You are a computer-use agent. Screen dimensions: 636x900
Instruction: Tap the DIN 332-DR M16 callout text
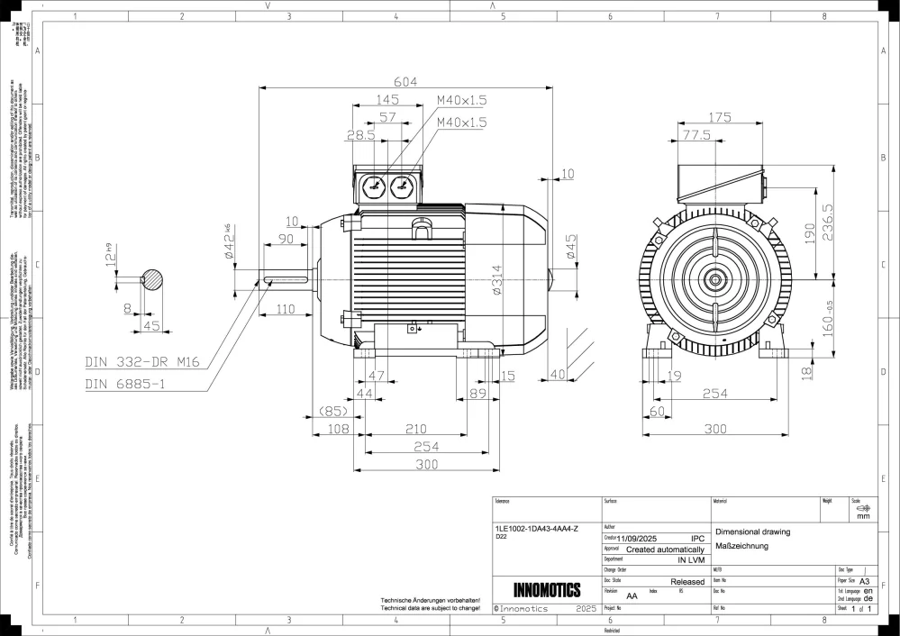(141, 363)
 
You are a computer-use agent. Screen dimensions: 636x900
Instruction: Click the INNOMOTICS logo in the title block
(547, 591)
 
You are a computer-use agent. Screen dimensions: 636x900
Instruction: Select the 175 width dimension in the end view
(719, 117)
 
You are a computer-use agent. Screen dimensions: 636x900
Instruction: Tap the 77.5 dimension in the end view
(695, 135)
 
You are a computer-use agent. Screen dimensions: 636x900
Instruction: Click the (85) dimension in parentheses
(333, 412)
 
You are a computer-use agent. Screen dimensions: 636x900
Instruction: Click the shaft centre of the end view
(717, 280)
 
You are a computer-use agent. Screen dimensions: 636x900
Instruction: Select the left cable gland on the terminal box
(371, 186)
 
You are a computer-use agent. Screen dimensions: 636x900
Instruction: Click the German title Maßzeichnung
(741, 546)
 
